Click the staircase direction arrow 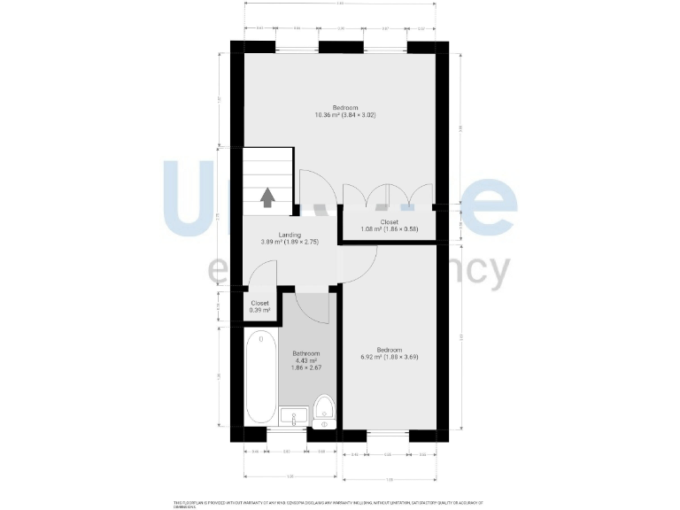267,197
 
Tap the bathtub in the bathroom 261,378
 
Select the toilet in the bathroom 323,409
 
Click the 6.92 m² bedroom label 389,352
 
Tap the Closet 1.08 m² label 389,226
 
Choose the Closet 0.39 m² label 259,306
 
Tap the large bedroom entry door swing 313,189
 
